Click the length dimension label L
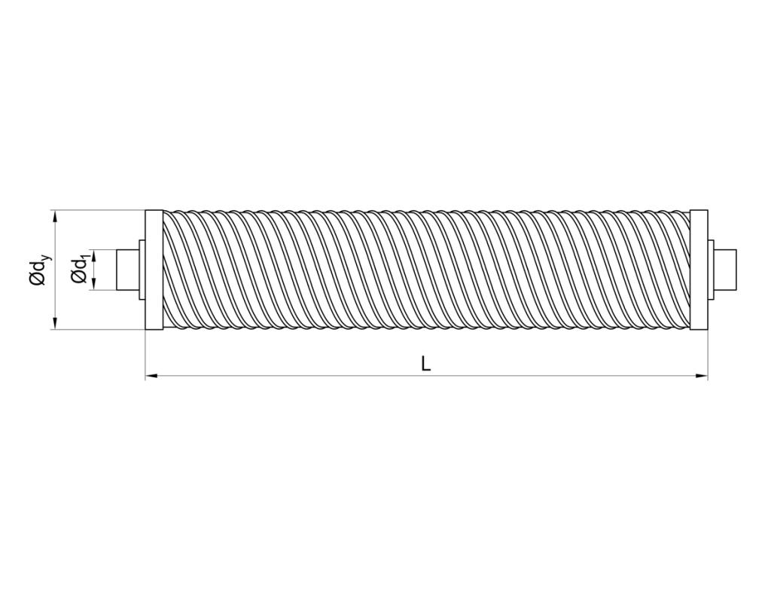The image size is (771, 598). (x=426, y=364)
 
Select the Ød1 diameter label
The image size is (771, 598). (x=79, y=270)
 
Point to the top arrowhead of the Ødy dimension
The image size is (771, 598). (x=55, y=216)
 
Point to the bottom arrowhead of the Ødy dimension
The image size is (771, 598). (x=55, y=324)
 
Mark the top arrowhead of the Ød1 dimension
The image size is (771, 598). (x=93, y=254)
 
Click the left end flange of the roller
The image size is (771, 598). (x=153, y=270)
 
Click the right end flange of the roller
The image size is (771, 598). (x=699, y=270)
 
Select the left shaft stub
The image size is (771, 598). (x=126, y=270)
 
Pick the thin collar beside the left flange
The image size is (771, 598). (x=140, y=270)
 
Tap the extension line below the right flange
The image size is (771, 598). (x=708, y=354)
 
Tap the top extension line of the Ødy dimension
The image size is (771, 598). (x=98, y=210)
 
